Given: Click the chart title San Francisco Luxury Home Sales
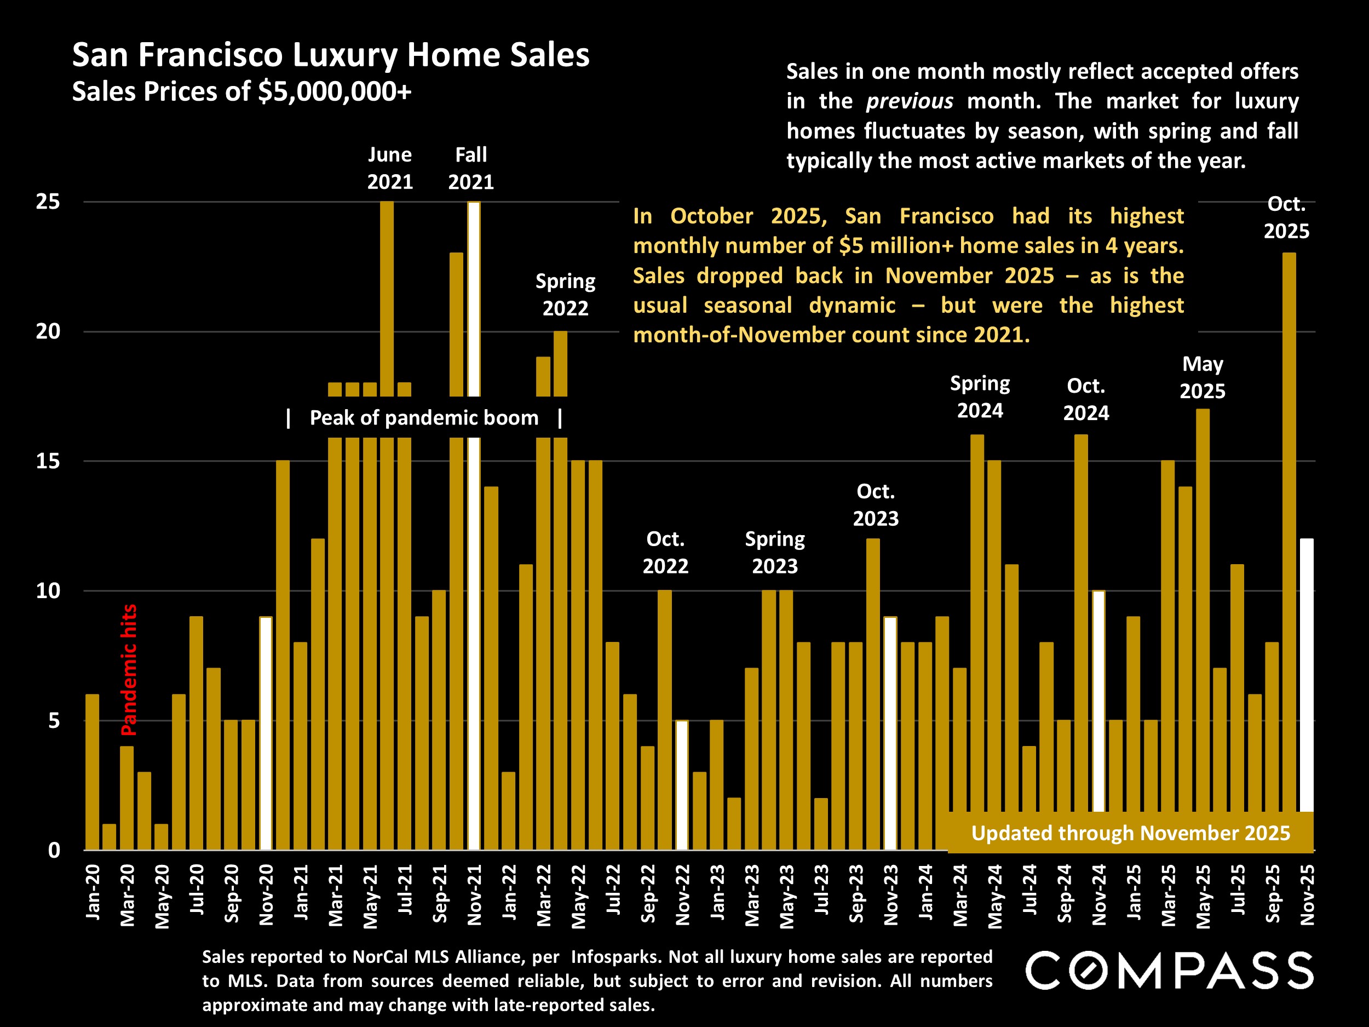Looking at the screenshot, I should [331, 55].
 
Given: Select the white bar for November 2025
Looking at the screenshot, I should [1307, 675].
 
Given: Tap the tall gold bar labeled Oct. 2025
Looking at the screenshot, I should [1289, 532].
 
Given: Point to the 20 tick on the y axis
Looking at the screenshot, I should [48, 332].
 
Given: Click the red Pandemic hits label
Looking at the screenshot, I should [129, 670].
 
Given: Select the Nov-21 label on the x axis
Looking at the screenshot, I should [475, 895].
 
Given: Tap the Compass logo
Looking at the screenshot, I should [1169, 971].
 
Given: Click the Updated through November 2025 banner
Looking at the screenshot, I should [1130, 833].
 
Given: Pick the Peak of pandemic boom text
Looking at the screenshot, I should [424, 418].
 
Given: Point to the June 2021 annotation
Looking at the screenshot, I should [390, 168].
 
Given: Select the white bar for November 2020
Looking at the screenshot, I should [266, 733].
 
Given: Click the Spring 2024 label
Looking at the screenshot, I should [980, 397].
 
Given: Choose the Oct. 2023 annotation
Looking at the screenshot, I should [876, 504].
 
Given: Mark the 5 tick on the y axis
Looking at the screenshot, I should [54, 721].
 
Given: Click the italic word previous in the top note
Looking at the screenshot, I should [909, 101].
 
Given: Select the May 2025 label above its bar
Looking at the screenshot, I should [1202, 377].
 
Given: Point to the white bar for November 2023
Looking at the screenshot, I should [890, 733].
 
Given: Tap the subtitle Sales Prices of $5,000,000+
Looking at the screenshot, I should [241, 91].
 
